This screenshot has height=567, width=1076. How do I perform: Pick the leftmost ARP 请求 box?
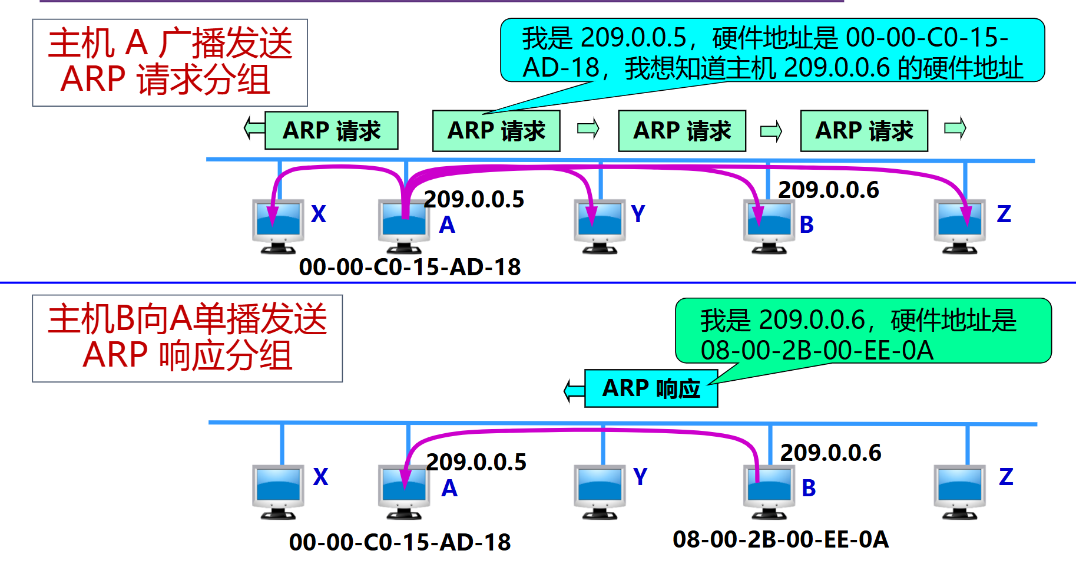(332, 130)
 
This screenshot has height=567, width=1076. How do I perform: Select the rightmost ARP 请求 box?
(864, 131)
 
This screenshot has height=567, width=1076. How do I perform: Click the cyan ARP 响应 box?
(651, 388)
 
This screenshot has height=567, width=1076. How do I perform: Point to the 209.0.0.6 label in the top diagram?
(828, 190)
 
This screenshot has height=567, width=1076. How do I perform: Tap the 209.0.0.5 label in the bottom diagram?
(476, 462)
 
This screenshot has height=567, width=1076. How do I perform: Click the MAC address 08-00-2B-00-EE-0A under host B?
(780, 539)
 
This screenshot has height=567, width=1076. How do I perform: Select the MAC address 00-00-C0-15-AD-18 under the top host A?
(410, 267)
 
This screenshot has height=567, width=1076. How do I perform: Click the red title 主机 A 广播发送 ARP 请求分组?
(170, 62)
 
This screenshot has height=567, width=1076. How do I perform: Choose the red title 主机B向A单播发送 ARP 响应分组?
(187, 338)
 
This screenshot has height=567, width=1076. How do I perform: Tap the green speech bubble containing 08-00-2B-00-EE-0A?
(863, 331)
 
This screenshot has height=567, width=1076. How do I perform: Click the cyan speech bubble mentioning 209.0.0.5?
(772, 51)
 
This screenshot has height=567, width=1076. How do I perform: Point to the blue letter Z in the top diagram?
(1004, 214)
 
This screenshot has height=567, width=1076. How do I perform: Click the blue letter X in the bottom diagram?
(320, 477)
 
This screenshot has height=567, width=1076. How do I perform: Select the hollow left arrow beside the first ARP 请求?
(254, 128)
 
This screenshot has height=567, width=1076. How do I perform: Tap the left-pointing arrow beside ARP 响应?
(574, 390)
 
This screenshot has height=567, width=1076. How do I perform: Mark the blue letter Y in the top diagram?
(638, 214)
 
